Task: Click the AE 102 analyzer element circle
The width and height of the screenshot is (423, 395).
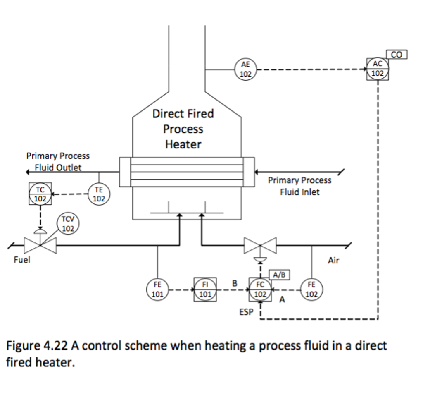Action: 246,69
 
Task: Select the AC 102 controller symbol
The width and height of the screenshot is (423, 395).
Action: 378,69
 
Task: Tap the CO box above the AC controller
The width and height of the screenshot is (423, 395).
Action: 397,54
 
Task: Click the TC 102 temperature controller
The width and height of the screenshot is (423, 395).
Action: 40,194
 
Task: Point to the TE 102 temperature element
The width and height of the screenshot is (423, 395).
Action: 99,194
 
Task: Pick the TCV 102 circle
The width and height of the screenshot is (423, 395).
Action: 68,224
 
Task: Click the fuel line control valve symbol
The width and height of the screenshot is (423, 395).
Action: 40,245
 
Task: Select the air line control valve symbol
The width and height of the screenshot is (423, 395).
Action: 260,246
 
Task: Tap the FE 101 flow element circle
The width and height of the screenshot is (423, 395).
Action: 157,289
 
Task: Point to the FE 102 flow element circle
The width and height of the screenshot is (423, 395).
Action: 311,289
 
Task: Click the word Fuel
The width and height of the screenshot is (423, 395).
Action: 22,260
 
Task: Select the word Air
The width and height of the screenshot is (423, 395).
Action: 333,261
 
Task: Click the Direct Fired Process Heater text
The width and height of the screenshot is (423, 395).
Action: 183,129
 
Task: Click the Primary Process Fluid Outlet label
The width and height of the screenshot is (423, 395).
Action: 58,161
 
